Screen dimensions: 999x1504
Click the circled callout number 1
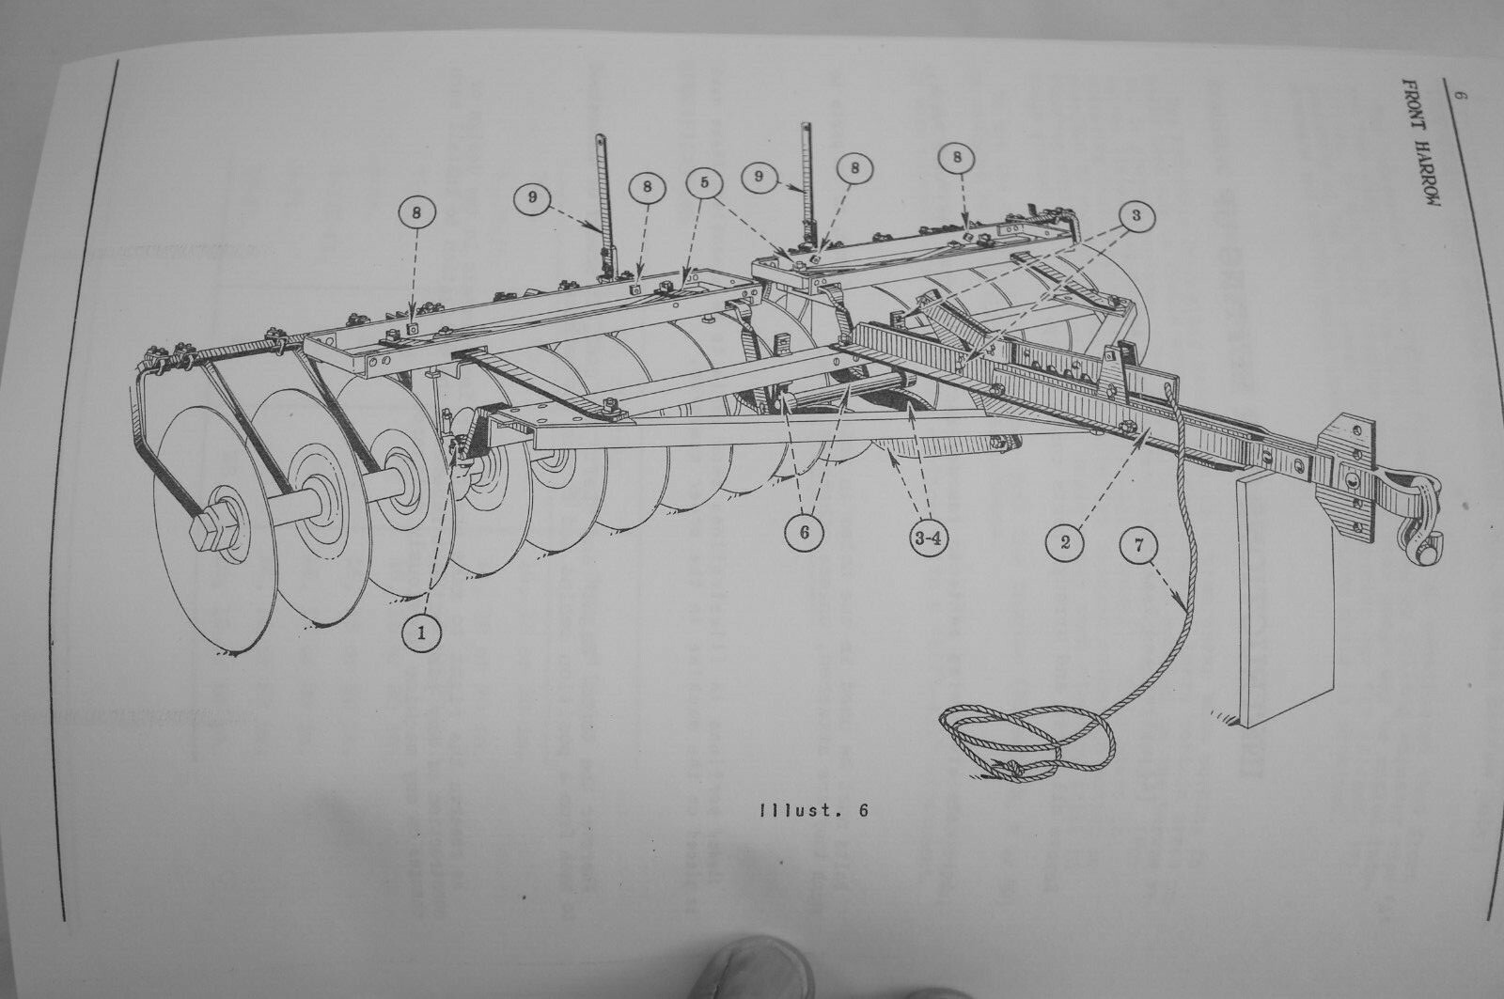[421, 636]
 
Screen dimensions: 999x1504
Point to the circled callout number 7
[1138, 546]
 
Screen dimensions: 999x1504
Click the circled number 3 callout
[1136, 216]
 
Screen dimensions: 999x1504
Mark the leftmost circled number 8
[416, 214]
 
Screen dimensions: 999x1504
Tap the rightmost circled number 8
[957, 158]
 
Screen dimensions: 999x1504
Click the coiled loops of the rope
[1025, 742]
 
